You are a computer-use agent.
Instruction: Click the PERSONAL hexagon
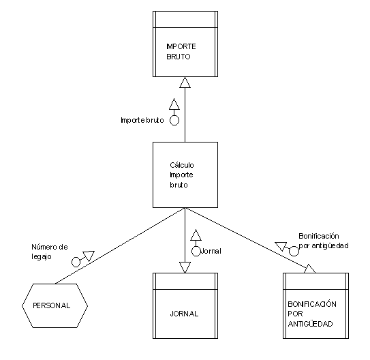tap(55, 305)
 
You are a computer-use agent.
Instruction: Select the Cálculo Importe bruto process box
tap(185, 175)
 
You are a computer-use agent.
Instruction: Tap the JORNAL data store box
tap(185, 305)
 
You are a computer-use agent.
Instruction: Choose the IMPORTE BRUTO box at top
tap(185, 44)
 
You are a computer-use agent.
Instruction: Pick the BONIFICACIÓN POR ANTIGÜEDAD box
tap(315, 305)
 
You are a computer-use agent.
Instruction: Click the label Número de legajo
tap(50, 252)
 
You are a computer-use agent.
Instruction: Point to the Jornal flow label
tap(211, 251)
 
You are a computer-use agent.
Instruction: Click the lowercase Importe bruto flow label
tap(142, 120)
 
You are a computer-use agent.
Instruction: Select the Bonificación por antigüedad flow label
tap(324, 241)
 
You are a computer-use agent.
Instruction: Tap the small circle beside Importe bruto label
tap(174, 121)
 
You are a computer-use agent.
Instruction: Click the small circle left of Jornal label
tap(196, 251)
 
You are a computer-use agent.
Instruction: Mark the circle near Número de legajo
tap(76, 262)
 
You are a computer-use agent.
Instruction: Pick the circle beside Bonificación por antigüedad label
tap(294, 251)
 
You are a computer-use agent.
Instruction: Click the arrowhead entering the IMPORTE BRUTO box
tap(185, 82)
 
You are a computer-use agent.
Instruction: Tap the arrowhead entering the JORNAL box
tap(185, 267)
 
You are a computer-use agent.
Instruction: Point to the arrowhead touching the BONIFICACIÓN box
tap(310, 269)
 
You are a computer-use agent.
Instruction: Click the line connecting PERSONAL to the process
tap(120, 245)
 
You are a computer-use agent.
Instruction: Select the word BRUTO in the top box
tap(179, 57)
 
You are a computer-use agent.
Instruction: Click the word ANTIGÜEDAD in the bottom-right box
tap(310, 324)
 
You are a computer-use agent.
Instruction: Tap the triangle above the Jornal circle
tap(196, 235)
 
